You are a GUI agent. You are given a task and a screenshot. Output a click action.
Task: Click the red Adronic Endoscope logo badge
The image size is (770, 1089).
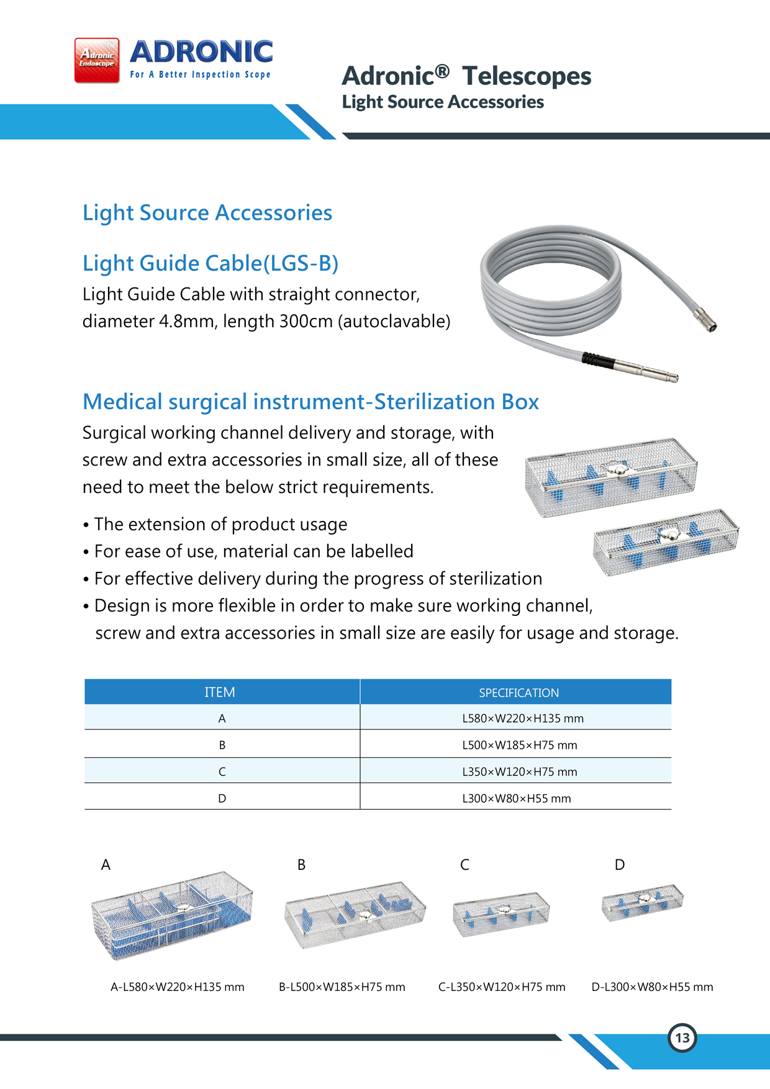pyautogui.click(x=97, y=60)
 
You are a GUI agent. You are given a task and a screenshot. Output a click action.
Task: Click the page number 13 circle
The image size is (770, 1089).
pyautogui.click(x=682, y=1037)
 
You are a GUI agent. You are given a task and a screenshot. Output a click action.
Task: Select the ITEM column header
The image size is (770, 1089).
pyautogui.click(x=220, y=692)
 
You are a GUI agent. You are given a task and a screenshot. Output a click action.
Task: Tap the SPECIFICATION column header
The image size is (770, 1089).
pyautogui.click(x=519, y=693)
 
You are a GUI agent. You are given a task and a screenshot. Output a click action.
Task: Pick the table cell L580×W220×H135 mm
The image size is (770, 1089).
pyautogui.click(x=522, y=718)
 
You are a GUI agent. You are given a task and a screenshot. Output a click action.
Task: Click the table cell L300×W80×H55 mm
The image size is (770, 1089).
pyautogui.click(x=516, y=798)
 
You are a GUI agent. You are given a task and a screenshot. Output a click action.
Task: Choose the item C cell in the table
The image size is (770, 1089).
pyautogui.click(x=222, y=772)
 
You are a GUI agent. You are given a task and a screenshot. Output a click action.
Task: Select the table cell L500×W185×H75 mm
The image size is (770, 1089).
pyautogui.click(x=519, y=745)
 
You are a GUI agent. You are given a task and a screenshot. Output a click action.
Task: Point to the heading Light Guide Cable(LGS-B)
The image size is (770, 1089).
pyautogui.click(x=211, y=263)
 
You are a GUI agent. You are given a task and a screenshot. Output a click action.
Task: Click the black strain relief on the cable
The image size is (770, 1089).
pyautogui.click(x=598, y=359)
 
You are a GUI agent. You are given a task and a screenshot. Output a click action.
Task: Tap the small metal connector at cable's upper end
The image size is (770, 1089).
pyautogui.click(x=706, y=319)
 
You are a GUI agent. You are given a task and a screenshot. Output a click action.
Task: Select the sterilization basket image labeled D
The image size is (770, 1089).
pyautogui.click(x=642, y=903)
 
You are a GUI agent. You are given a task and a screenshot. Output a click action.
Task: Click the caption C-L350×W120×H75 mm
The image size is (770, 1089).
pyautogui.click(x=502, y=987)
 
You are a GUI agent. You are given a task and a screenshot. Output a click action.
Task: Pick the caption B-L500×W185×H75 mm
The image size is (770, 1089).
pyautogui.click(x=342, y=987)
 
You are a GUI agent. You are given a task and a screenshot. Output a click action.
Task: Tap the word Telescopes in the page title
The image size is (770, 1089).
pyautogui.click(x=527, y=76)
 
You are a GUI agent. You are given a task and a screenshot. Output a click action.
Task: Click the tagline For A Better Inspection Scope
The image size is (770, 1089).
pyautogui.click(x=200, y=75)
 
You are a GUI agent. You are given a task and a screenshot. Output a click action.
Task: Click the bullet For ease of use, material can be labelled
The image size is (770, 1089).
pyautogui.click(x=253, y=551)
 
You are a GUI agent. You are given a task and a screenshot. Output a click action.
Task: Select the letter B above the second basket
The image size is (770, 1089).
pyautogui.click(x=301, y=865)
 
